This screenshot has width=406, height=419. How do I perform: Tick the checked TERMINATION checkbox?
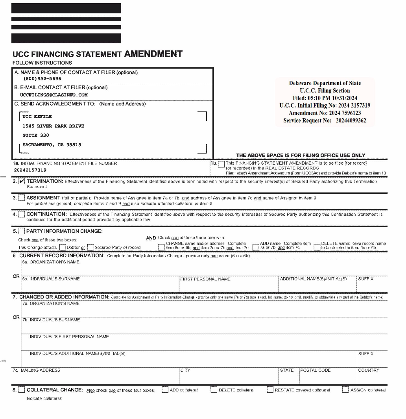click(22, 181)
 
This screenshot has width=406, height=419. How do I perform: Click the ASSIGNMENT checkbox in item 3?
click(22, 198)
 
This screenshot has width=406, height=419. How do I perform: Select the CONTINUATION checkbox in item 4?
click(22, 214)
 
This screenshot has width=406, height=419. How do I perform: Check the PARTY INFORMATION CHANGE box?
click(22, 231)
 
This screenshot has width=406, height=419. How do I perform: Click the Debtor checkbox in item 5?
click(63, 247)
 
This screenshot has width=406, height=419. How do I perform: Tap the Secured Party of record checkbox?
click(90, 247)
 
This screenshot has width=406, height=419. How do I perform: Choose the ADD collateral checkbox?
click(165, 390)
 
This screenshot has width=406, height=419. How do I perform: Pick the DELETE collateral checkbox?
click(214, 390)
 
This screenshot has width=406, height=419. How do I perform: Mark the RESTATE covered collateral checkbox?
click(270, 390)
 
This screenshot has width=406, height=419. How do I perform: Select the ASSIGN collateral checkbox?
click(345, 390)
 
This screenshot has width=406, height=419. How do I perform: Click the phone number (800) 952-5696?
click(42, 79)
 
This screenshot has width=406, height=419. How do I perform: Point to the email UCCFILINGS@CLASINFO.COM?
click(54, 95)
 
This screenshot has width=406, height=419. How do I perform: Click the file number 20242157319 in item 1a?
click(30, 170)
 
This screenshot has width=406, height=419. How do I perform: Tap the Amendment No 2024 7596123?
click(325, 113)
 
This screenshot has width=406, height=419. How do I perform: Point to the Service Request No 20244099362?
click(325, 121)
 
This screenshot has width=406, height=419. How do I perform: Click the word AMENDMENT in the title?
click(153, 54)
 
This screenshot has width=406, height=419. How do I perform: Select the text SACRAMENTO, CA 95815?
click(52, 145)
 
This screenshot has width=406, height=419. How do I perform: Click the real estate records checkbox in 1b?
click(221, 164)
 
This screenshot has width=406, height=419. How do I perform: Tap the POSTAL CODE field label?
click(316, 370)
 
